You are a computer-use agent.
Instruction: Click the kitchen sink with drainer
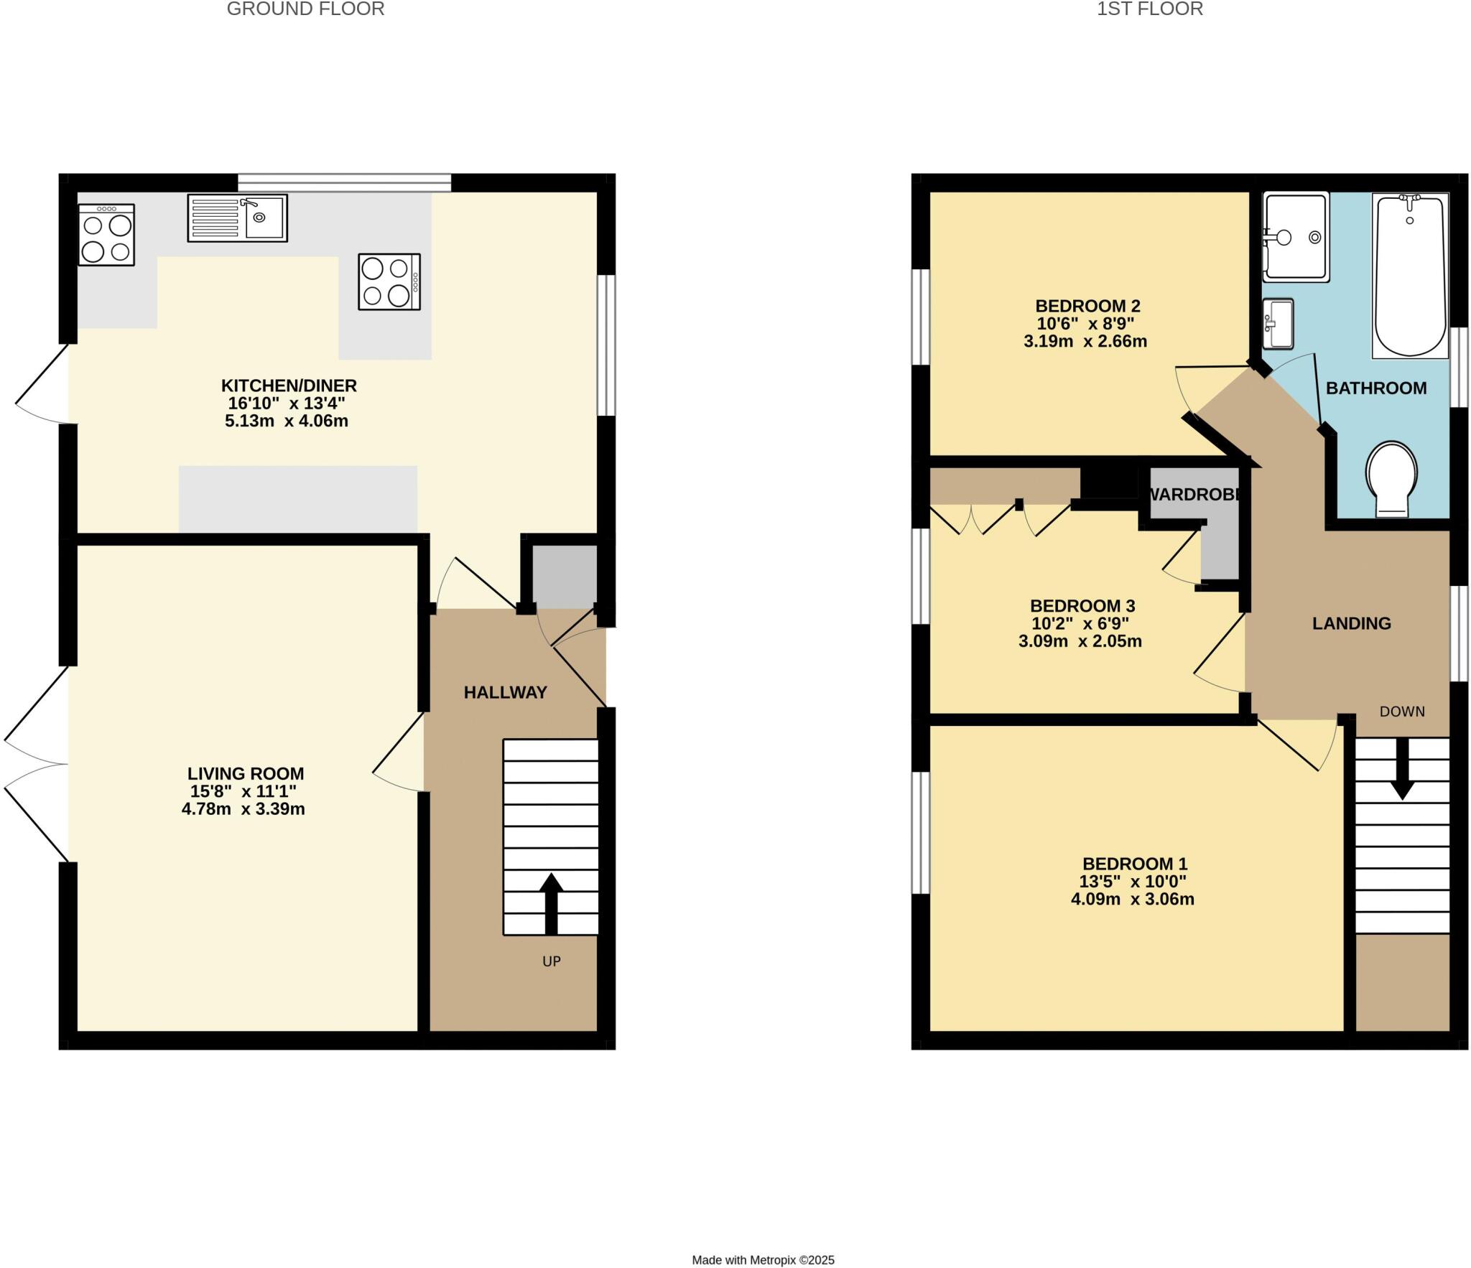pos(237,218)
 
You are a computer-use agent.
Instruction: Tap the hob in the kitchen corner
pos(106,235)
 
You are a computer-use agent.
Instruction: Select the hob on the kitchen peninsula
pos(389,281)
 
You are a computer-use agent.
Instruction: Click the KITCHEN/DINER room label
pos(289,386)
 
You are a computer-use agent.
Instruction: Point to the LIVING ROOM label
pos(246,773)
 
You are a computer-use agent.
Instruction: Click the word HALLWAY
pos(505,692)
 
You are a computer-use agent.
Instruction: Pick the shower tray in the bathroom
pos(1296,236)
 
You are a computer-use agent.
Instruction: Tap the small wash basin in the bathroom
pos(1278,323)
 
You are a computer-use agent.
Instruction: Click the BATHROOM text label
pos(1375,388)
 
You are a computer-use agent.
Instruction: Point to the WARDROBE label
pos(1195,495)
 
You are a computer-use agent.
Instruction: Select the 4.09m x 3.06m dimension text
pos(1132,899)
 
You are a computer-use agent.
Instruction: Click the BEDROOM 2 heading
pos(1087,306)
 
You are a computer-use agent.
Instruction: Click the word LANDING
pos(1351,623)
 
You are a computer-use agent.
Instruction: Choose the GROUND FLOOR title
pos(305,9)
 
